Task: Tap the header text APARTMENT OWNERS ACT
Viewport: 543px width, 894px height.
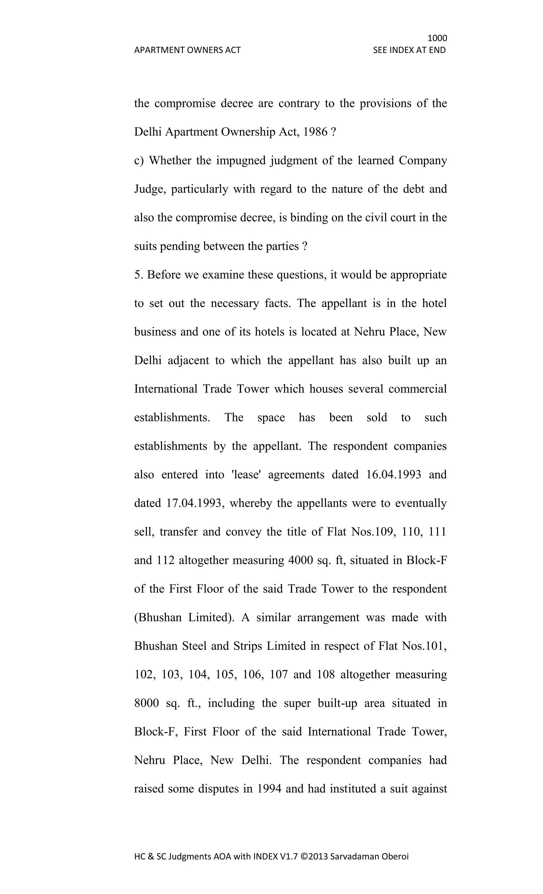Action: [x=187, y=50]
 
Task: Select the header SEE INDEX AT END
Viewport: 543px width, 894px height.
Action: [x=409, y=50]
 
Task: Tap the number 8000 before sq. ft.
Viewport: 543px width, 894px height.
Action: [x=147, y=703]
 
